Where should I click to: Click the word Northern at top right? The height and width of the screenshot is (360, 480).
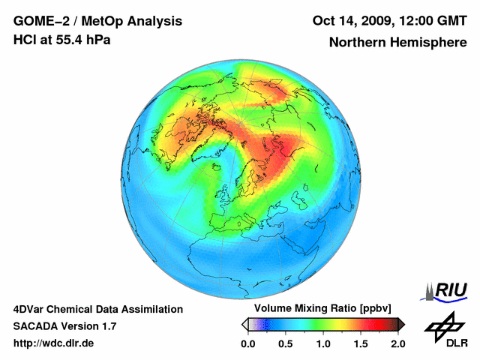pyautogui.click(x=357, y=42)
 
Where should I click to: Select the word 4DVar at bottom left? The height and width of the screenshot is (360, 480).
pyautogui.click(x=31, y=309)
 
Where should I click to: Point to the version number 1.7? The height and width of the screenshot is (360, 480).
pyautogui.click(x=106, y=326)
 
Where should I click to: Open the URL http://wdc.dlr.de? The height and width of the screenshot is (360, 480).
pyautogui.click(x=54, y=343)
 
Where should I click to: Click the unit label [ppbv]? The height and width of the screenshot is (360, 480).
pyautogui.click(x=361, y=308)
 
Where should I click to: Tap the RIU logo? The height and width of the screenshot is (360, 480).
pyautogui.click(x=447, y=289)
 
